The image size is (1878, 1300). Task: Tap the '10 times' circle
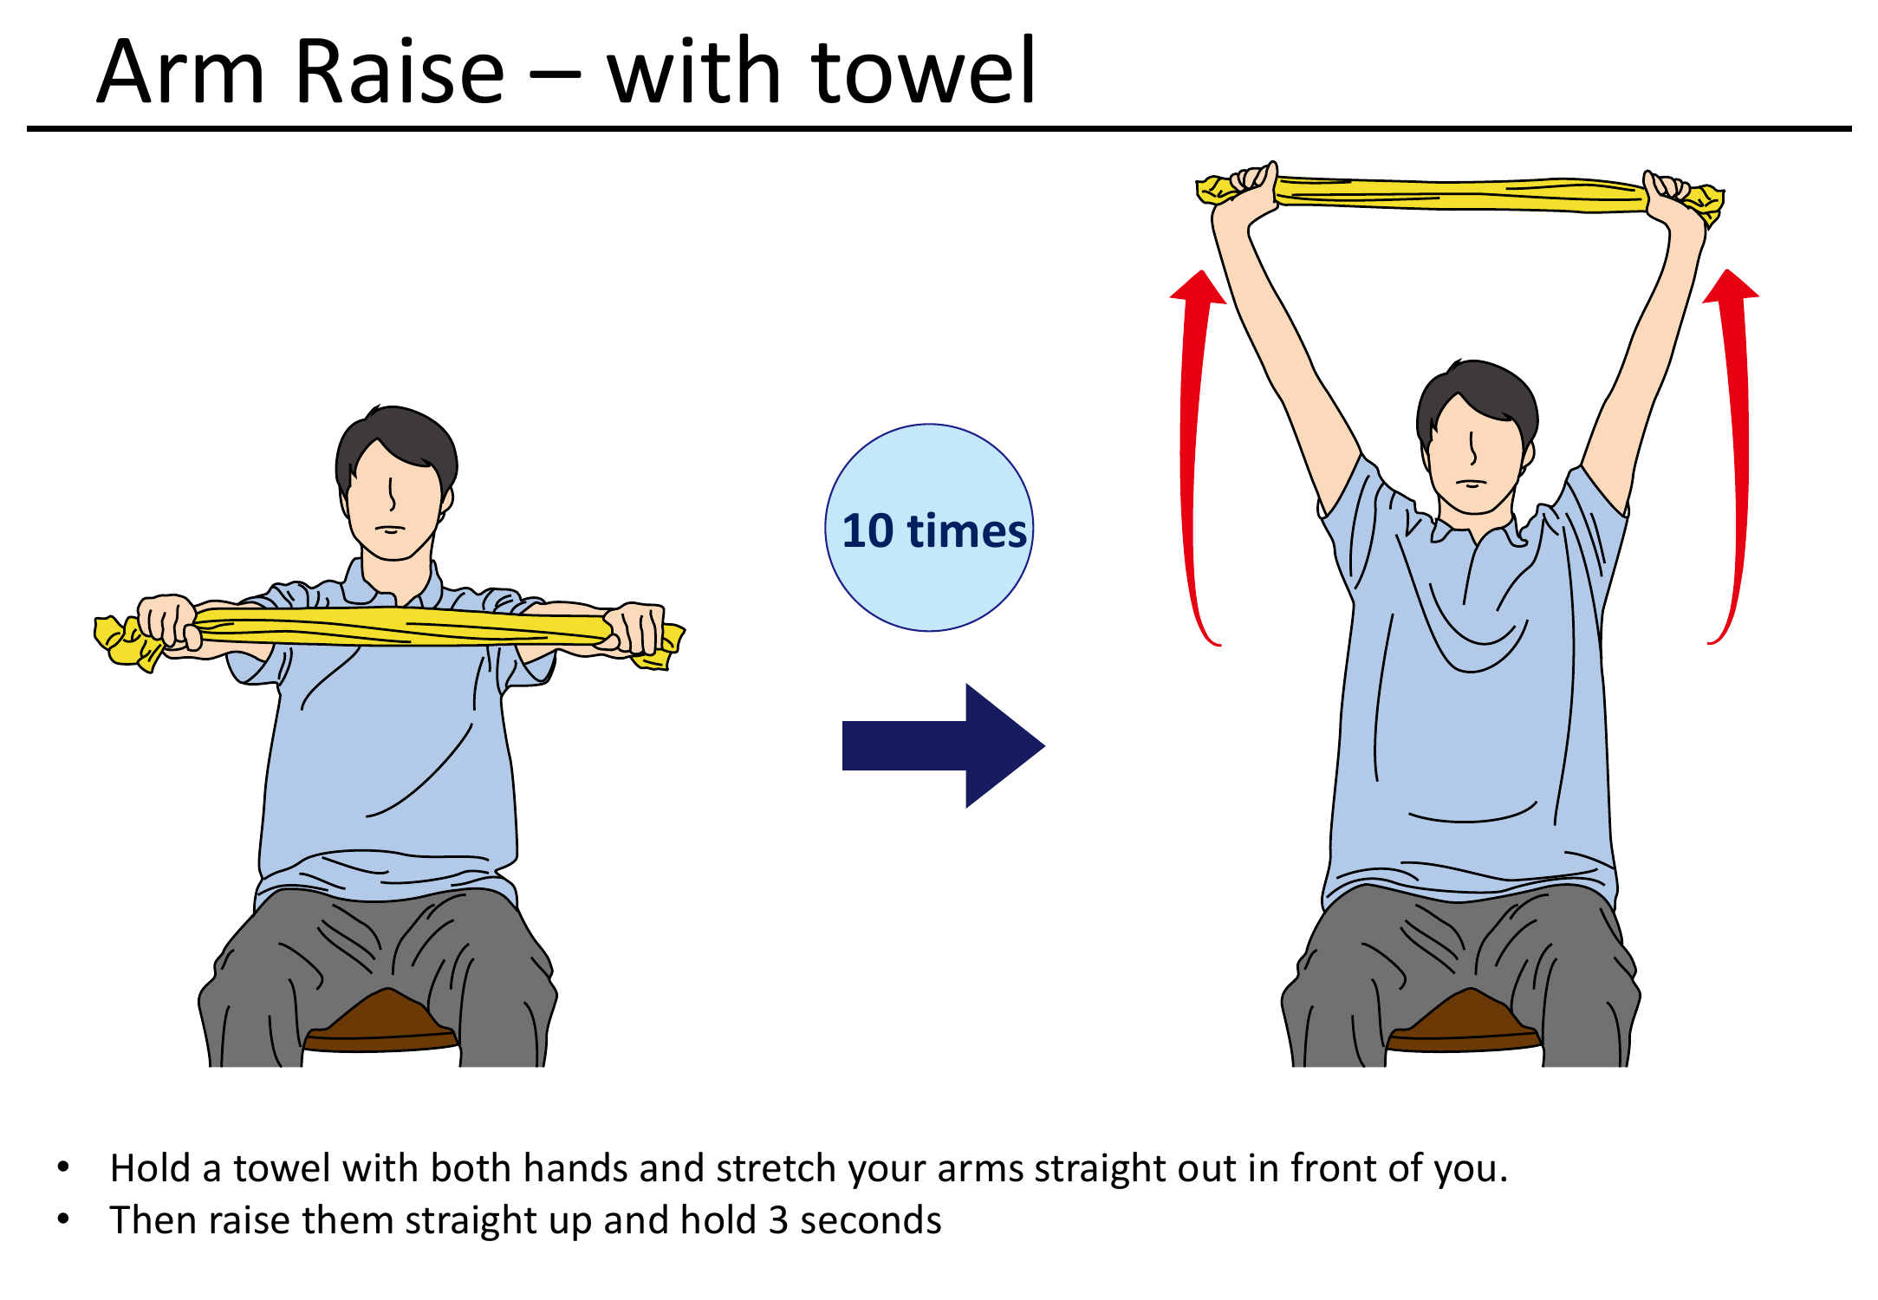click(x=929, y=528)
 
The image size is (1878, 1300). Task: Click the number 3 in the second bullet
click(x=778, y=1220)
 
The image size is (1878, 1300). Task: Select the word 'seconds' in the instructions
click(x=870, y=1220)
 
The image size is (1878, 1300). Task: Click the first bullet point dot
click(x=63, y=1167)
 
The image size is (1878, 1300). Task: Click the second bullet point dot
click(x=63, y=1219)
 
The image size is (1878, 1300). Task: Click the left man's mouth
click(x=391, y=529)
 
